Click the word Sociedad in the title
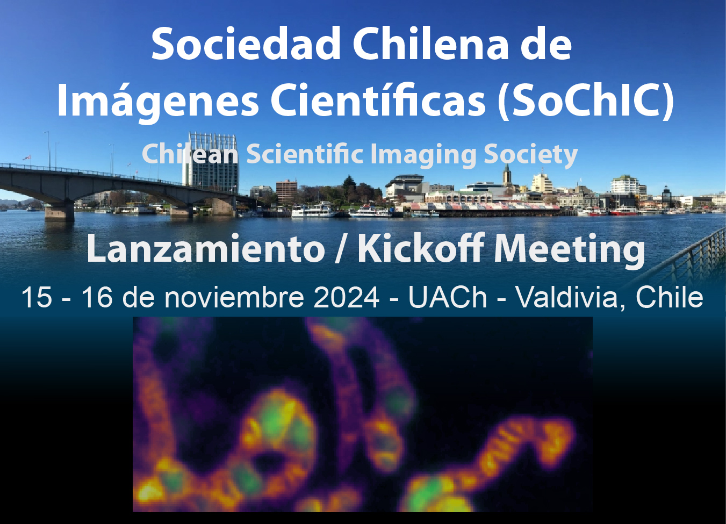246,44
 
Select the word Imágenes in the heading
157,99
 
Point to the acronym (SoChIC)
586,99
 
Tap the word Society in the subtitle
531,155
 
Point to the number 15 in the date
37,297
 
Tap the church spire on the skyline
507,175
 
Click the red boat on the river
623,211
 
